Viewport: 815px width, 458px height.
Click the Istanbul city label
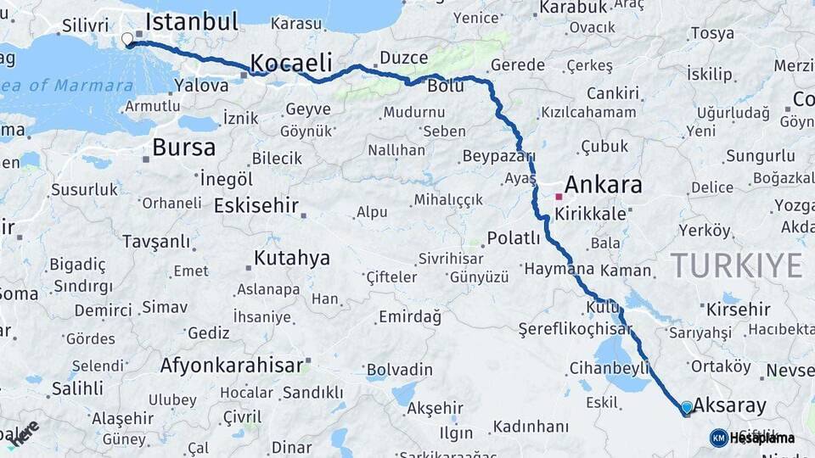coord(192,22)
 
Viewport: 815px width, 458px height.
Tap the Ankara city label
coord(603,184)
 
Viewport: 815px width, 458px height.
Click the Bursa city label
coord(183,147)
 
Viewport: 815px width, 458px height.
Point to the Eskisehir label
coord(256,205)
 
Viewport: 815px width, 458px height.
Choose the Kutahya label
coord(291,259)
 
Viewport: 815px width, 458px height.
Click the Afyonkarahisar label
coord(231,366)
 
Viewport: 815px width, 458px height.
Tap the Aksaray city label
coord(729,405)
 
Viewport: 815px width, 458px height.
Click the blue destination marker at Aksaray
coord(687,408)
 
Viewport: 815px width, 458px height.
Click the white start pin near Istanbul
coord(127,39)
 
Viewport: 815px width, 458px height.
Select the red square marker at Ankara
coord(559,197)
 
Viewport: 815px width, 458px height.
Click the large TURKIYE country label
coord(736,265)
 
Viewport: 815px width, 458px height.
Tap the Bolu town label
coord(446,86)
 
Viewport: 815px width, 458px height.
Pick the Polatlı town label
coord(514,238)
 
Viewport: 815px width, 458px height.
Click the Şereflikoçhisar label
coord(576,329)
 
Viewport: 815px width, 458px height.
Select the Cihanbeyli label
coord(609,368)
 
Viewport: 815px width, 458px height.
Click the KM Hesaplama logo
coord(752,438)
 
